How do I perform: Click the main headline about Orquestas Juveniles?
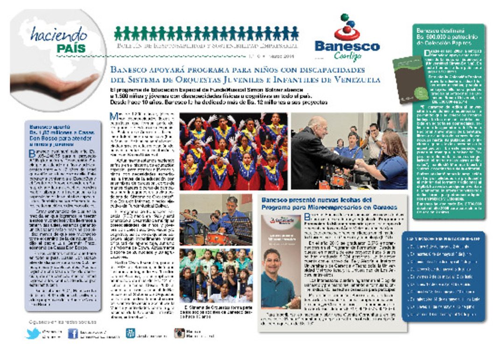tap(245, 74)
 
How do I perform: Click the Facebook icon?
tap(73, 333)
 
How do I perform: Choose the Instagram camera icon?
tap(179, 333)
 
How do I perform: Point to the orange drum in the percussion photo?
tap(217, 238)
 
